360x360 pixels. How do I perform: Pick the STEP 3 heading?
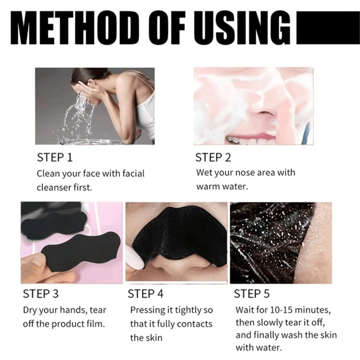40,294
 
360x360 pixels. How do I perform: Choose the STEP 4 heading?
146,294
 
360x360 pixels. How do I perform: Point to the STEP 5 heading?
252,294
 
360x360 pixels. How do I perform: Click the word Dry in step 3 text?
30,310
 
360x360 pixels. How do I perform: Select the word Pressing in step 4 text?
146,310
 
